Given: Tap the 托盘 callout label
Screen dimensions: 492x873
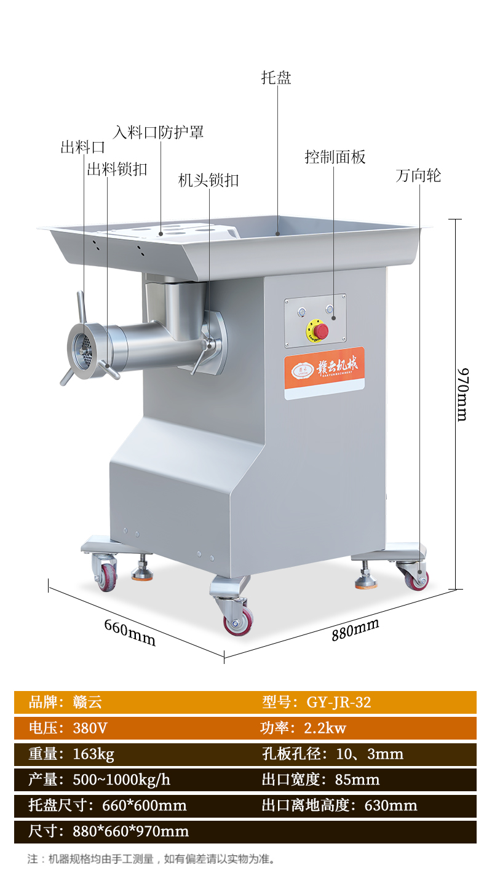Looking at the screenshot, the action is tap(276, 77).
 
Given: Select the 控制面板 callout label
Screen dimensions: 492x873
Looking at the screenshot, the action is tap(335, 157).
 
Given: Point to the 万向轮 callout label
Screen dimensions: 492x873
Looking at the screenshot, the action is tap(418, 176).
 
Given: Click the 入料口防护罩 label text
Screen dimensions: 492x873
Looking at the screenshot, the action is tap(158, 133).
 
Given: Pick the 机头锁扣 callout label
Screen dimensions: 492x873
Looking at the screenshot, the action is tap(208, 181).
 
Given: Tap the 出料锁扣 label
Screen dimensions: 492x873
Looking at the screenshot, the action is tap(117, 170).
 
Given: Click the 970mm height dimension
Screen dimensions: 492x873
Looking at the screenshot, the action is tap(462, 394).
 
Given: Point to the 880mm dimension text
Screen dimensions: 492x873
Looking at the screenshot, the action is tap(355, 630).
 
